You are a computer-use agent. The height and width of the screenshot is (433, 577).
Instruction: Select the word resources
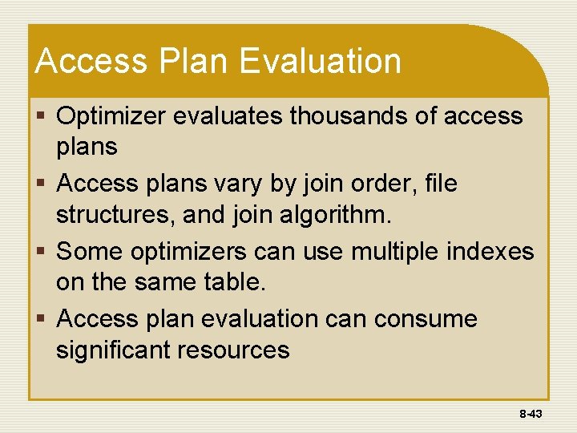tap(241, 350)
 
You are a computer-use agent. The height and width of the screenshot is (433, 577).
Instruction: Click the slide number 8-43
tap(531, 414)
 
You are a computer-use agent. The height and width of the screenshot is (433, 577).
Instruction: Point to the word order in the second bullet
tap(370, 184)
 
